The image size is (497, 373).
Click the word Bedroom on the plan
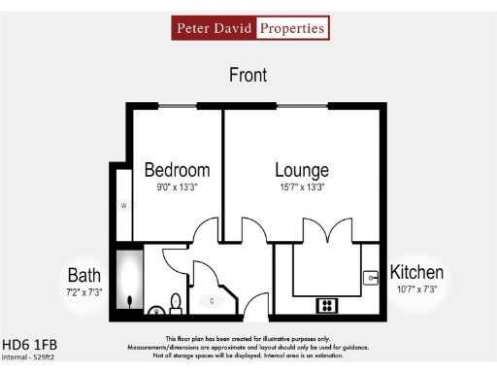177,170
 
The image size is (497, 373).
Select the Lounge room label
301,170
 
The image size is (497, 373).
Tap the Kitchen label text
416,272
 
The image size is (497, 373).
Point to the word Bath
84,276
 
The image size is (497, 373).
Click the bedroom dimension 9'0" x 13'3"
177,187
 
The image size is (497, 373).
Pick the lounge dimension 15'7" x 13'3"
301,187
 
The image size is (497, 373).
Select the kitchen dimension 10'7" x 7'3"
416,288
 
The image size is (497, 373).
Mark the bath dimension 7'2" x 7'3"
84,291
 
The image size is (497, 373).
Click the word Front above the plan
248,75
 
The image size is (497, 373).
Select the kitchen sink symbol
370,278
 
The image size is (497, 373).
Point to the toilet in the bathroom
175,305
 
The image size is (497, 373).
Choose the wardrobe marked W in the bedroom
123,206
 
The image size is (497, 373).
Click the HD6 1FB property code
29,344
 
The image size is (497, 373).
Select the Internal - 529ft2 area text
29,357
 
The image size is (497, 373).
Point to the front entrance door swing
254,303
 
